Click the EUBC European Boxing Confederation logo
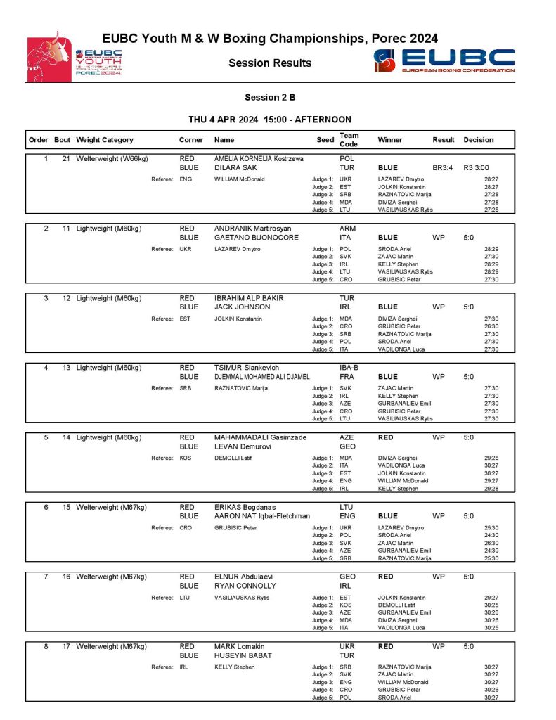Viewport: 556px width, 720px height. [444, 61]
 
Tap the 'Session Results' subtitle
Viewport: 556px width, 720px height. [270, 63]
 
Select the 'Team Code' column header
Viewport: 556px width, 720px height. [349, 139]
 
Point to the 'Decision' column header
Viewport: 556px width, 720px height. [479, 140]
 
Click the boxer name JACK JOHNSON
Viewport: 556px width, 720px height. [242, 307]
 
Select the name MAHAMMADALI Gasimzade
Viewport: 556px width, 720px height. [260, 437]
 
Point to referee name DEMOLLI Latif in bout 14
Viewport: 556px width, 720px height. [234, 458]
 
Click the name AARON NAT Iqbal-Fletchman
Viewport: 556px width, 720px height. [261, 515]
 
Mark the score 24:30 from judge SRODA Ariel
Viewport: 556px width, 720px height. [491, 535]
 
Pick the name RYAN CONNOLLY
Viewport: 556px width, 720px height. [246, 585]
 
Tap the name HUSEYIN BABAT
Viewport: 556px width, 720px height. [243, 655]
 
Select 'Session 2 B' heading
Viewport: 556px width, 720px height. [270, 97]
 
